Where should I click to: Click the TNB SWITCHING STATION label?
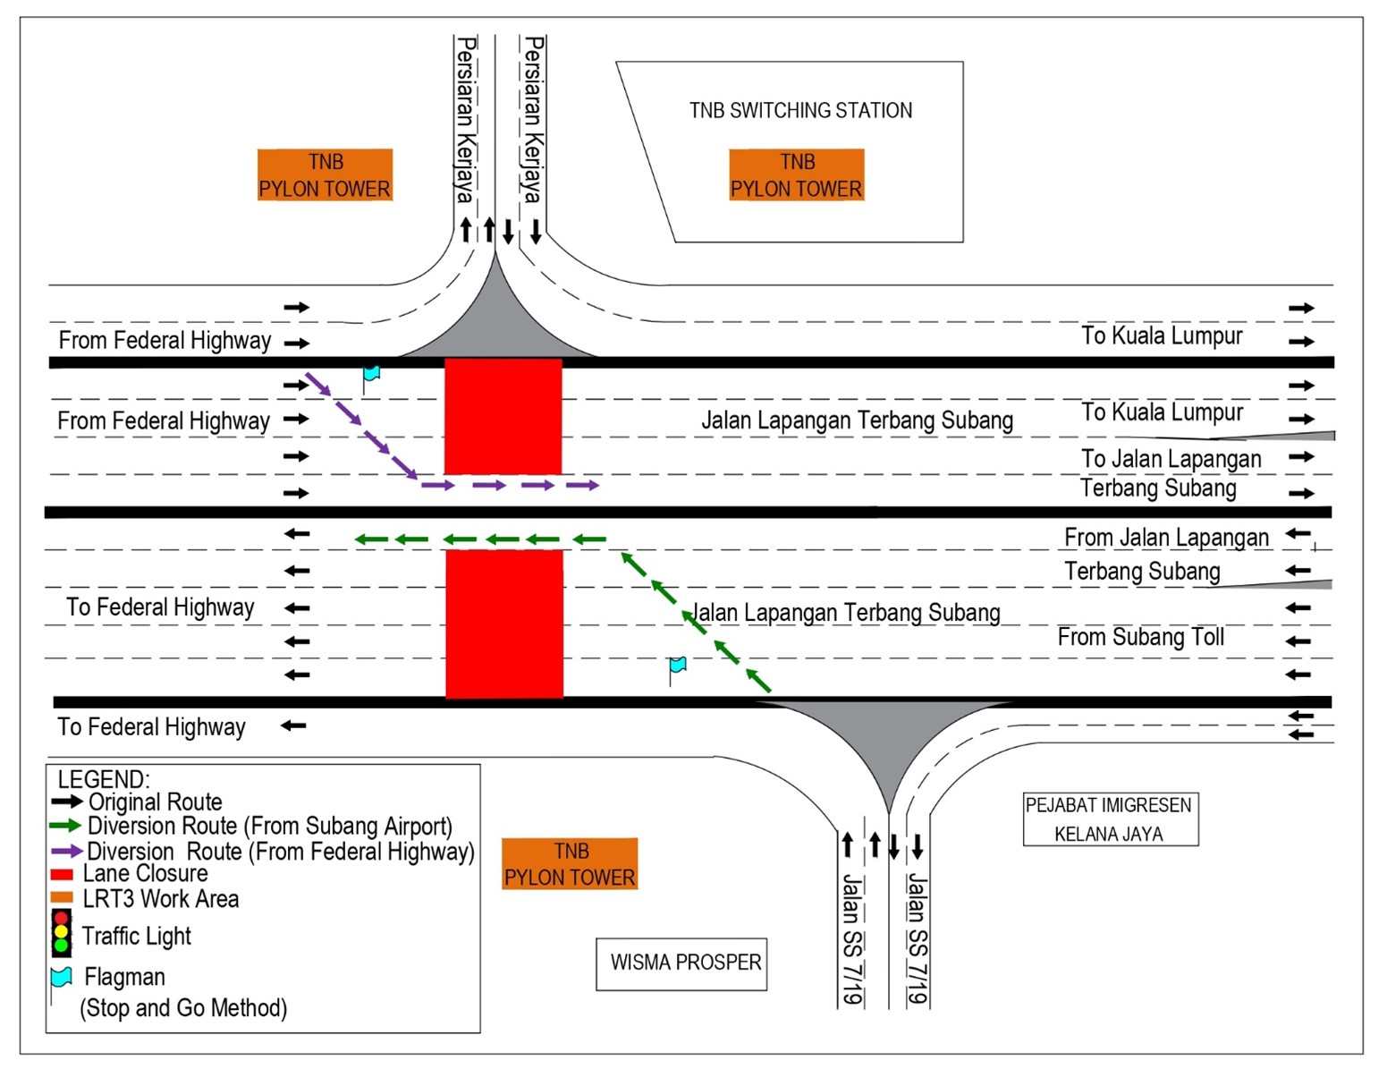click(x=800, y=111)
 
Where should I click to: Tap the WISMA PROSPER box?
click(x=681, y=963)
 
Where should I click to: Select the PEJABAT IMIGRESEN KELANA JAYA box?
click(x=1110, y=819)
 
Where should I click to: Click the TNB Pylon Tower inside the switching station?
click(x=797, y=175)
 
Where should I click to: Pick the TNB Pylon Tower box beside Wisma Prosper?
click(x=570, y=864)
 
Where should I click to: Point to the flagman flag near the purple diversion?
click(x=371, y=373)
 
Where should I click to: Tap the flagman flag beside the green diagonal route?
click(x=678, y=666)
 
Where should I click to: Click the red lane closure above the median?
click(x=503, y=416)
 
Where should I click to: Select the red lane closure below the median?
click(x=504, y=624)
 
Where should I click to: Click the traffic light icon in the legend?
click(x=61, y=932)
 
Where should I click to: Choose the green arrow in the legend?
click(x=65, y=826)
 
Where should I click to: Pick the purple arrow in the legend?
click(x=65, y=851)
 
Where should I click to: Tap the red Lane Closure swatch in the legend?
click(x=62, y=874)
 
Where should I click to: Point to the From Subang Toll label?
click(x=1140, y=638)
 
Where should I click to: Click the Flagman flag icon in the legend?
click(x=61, y=977)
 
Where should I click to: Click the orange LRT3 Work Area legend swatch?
click(x=62, y=898)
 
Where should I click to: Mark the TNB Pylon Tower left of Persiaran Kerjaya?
click(x=325, y=175)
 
